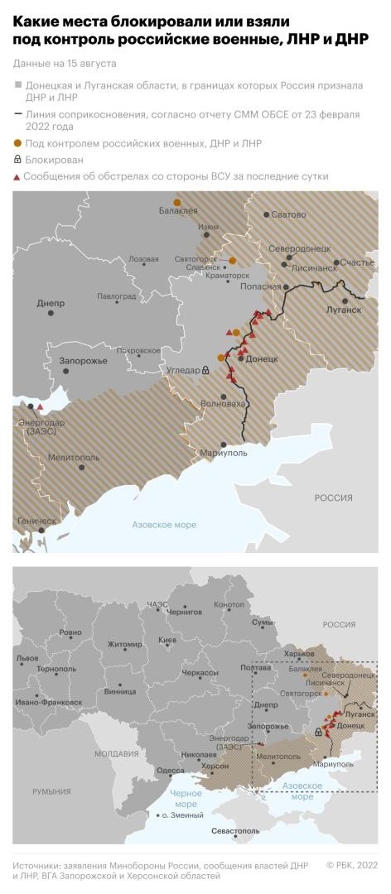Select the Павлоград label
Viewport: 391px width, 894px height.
[116, 296]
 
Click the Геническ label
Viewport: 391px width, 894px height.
[36, 521]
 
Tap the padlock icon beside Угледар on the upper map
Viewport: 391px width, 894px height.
[205, 371]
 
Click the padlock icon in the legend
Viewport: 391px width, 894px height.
[17, 160]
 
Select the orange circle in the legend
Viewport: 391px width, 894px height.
[17, 143]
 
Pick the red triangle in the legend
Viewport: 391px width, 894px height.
[17, 176]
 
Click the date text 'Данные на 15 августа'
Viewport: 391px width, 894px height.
[65, 63]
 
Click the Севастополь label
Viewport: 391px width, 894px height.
[235, 829]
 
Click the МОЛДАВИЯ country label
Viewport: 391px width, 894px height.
[116, 754]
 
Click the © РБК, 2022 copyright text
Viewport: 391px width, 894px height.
[351, 865]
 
